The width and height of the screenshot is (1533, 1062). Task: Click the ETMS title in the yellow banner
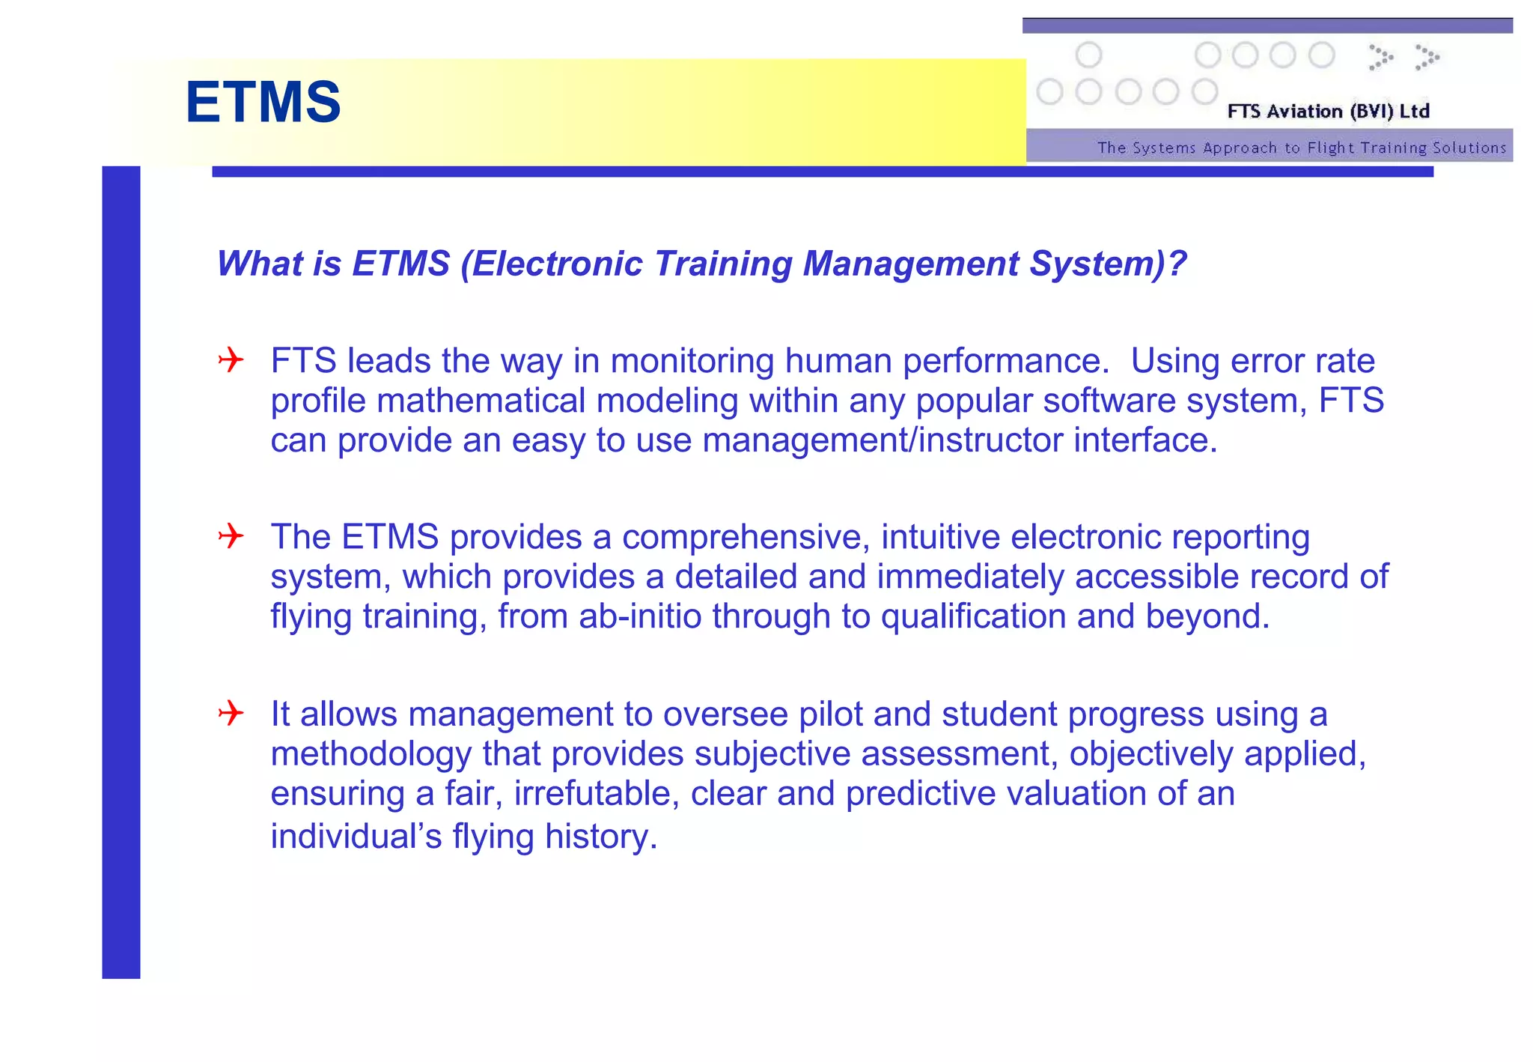tap(263, 103)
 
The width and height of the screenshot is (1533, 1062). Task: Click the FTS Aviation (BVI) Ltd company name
tap(1328, 112)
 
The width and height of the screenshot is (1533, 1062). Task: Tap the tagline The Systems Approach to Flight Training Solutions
tap(1301, 148)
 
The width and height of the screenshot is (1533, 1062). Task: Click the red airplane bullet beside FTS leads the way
tap(231, 360)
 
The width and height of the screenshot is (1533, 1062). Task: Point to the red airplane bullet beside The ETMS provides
tap(231, 536)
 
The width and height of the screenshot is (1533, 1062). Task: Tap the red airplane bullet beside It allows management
tap(231, 713)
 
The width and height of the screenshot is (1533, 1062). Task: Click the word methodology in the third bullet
tap(371, 754)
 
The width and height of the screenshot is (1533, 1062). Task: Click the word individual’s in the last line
tap(356, 837)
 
